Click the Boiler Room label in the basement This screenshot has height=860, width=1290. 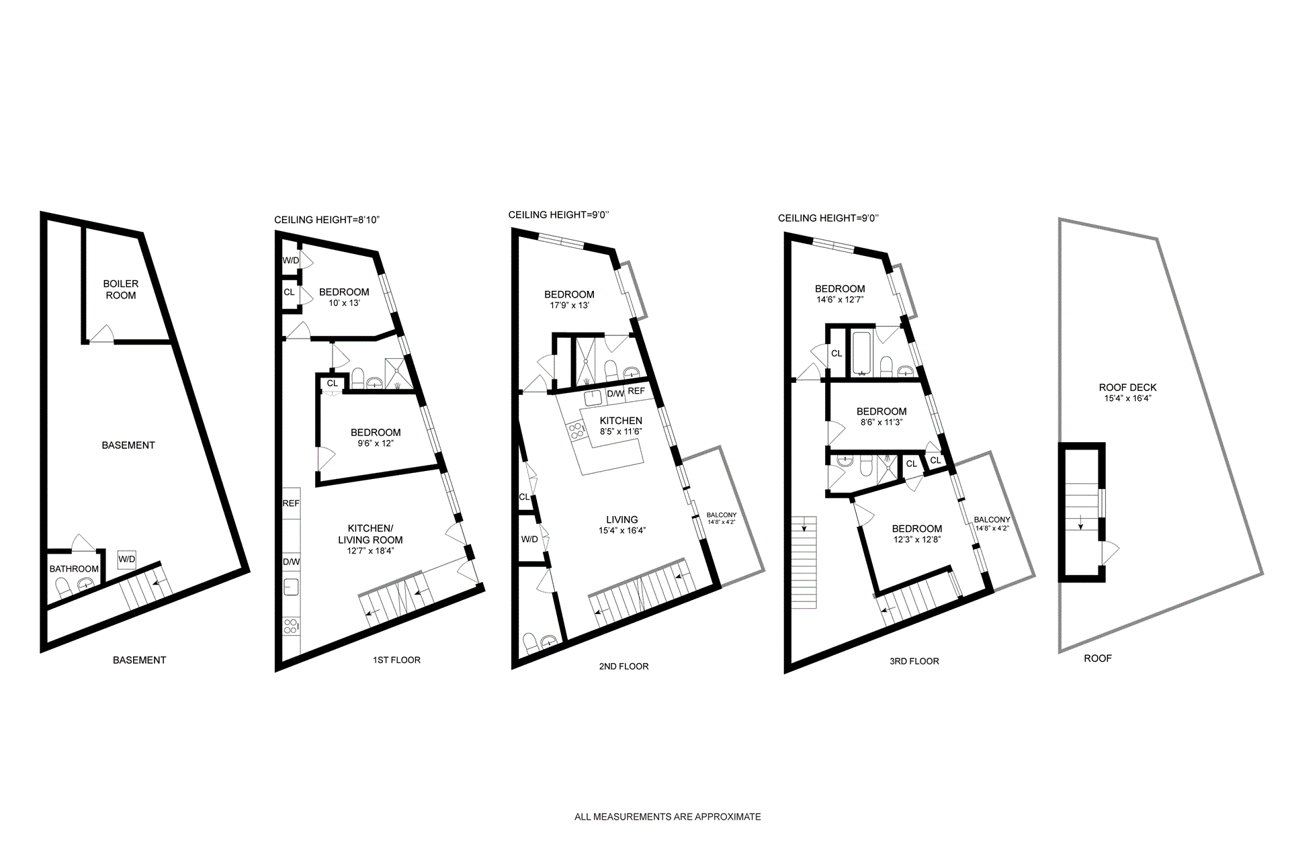point(121,290)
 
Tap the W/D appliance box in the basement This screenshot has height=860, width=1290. point(126,559)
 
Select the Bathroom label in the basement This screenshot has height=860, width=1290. point(74,569)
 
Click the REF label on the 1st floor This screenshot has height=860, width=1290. point(291,503)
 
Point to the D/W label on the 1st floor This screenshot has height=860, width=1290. point(291,562)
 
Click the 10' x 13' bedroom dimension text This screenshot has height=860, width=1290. point(344,303)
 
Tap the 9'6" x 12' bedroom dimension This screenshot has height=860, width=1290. point(376,443)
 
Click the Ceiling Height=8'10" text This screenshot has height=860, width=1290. point(327,220)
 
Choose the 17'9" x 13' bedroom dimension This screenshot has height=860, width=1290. point(569,305)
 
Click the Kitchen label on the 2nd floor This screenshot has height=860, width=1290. point(621,421)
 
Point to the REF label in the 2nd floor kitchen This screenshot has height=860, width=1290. point(636,391)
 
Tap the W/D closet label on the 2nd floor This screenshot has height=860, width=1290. point(529,539)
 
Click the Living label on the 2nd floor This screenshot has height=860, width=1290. point(621,519)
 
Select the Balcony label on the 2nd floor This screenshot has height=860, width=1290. point(722,515)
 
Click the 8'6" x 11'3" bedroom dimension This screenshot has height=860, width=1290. point(881,423)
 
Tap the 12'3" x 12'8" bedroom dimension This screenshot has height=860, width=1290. point(917,540)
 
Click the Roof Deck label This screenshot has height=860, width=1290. point(1127,387)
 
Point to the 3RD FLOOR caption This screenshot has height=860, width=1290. point(914,661)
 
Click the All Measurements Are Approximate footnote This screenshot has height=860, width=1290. point(667,817)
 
